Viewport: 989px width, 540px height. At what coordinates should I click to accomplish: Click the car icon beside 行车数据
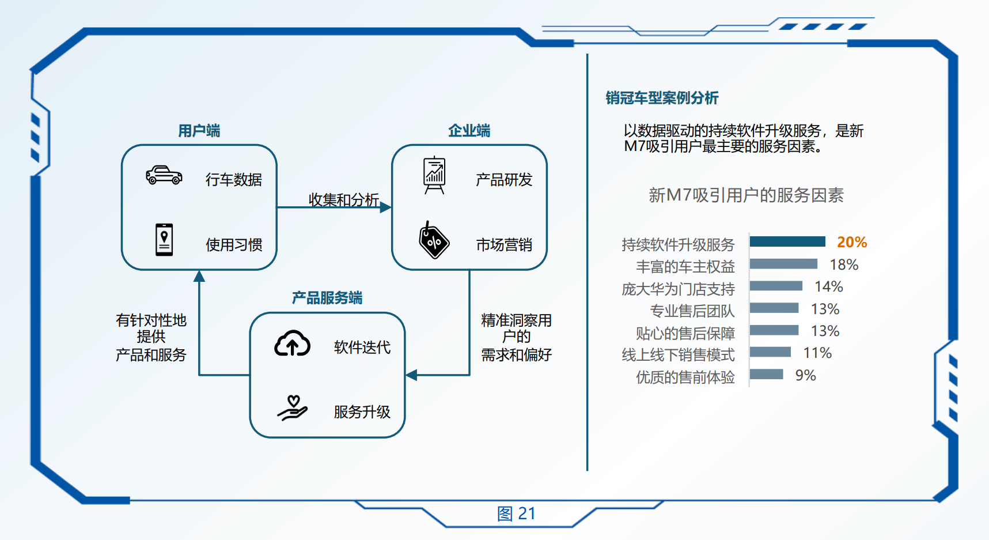pos(164,175)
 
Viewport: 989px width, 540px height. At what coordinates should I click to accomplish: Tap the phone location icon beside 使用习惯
pos(164,240)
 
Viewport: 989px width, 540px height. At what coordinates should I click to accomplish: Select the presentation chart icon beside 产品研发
pos(434,175)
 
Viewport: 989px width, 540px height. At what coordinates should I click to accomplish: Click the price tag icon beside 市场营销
pos(434,240)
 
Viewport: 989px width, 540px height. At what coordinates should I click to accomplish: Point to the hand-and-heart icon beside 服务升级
pos(293,408)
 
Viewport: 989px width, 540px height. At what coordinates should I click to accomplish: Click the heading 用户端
pos(199,131)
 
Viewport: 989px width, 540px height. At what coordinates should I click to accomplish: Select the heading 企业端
pos(469,131)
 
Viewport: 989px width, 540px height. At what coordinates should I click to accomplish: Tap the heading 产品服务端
pos(327,298)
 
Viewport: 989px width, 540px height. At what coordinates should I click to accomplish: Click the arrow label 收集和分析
pos(344,199)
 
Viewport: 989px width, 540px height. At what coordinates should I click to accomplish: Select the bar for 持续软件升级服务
pos(788,241)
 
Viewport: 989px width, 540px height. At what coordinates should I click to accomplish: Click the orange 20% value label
pos(852,242)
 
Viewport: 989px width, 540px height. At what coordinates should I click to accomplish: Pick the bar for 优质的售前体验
pos(767,375)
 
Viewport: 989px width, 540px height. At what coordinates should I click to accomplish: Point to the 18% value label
pos(844,265)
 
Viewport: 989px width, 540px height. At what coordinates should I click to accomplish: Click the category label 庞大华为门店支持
pos(679,289)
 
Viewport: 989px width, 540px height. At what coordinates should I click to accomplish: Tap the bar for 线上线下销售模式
pos(771,352)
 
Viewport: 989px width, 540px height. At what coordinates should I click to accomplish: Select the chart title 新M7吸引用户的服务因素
pos(746,195)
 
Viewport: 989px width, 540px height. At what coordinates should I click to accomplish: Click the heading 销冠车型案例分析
pos(662,98)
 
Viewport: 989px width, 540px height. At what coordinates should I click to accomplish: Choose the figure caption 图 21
pos(516,513)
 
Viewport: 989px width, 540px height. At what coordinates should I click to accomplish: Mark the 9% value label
pos(806,375)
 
